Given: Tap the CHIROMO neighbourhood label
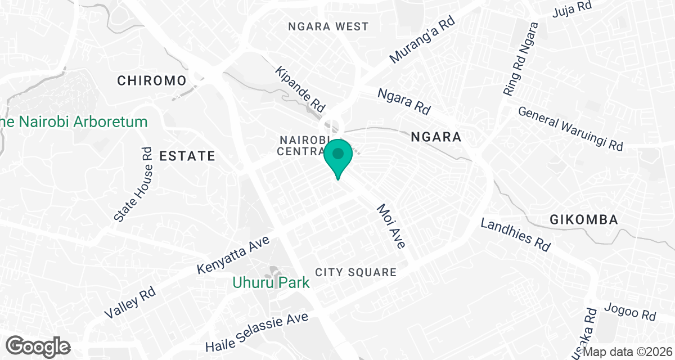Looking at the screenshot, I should coord(151,80).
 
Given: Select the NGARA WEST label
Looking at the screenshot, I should coord(328,26).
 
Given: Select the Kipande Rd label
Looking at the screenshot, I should coord(301,89).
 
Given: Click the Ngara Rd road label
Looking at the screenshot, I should coord(403,100).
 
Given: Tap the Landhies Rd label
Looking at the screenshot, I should coord(515,235).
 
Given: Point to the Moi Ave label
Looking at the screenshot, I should coord(391,226).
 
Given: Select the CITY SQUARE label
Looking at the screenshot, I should coord(355,272).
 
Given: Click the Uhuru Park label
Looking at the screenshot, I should coord(271,282).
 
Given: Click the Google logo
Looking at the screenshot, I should coord(39,345).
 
